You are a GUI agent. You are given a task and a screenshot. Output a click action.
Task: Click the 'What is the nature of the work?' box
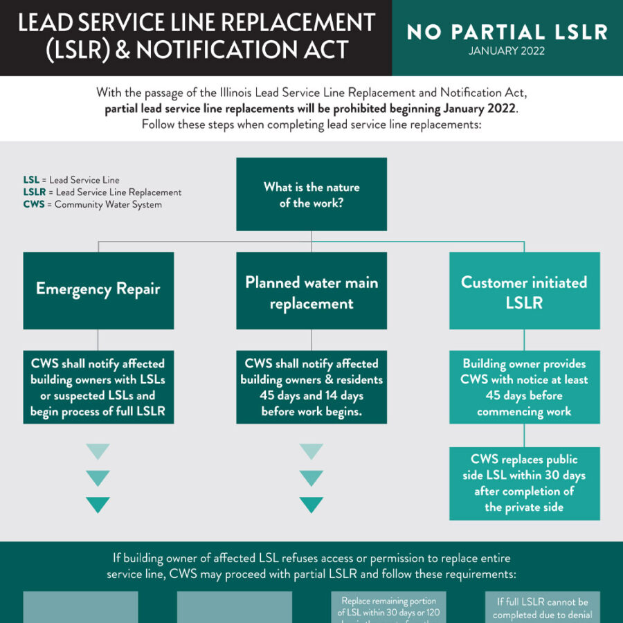(x=311, y=195)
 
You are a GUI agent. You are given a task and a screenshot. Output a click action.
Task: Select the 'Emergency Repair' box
(x=98, y=290)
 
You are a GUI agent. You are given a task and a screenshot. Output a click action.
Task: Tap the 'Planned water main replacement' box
(x=311, y=291)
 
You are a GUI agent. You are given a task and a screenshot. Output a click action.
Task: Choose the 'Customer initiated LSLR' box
(x=524, y=291)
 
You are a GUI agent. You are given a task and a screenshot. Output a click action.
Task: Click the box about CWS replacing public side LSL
(x=524, y=483)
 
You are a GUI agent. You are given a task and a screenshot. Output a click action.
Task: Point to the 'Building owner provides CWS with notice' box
(x=524, y=387)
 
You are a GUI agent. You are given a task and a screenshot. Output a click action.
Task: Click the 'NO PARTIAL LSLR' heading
(x=507, y=32)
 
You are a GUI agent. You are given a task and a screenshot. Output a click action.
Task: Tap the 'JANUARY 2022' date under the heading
(x=507, y=51)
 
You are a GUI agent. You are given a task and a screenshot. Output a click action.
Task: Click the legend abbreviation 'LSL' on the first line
(x=30, y=180)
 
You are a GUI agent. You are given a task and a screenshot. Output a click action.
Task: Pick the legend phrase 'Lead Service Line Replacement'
(x=118, y=192)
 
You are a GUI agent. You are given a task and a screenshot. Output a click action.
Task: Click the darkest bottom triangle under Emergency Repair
(x=98, y=505)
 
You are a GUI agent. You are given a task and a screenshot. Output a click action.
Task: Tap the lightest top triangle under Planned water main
(x=311, y=452)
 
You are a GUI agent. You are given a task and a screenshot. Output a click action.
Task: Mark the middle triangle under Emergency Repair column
(x=98, y=478)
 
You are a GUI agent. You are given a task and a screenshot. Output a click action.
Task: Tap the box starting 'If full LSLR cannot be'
(x=542, y=608)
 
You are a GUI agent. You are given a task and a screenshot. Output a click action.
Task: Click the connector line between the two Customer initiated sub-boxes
(x=524, y=435)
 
